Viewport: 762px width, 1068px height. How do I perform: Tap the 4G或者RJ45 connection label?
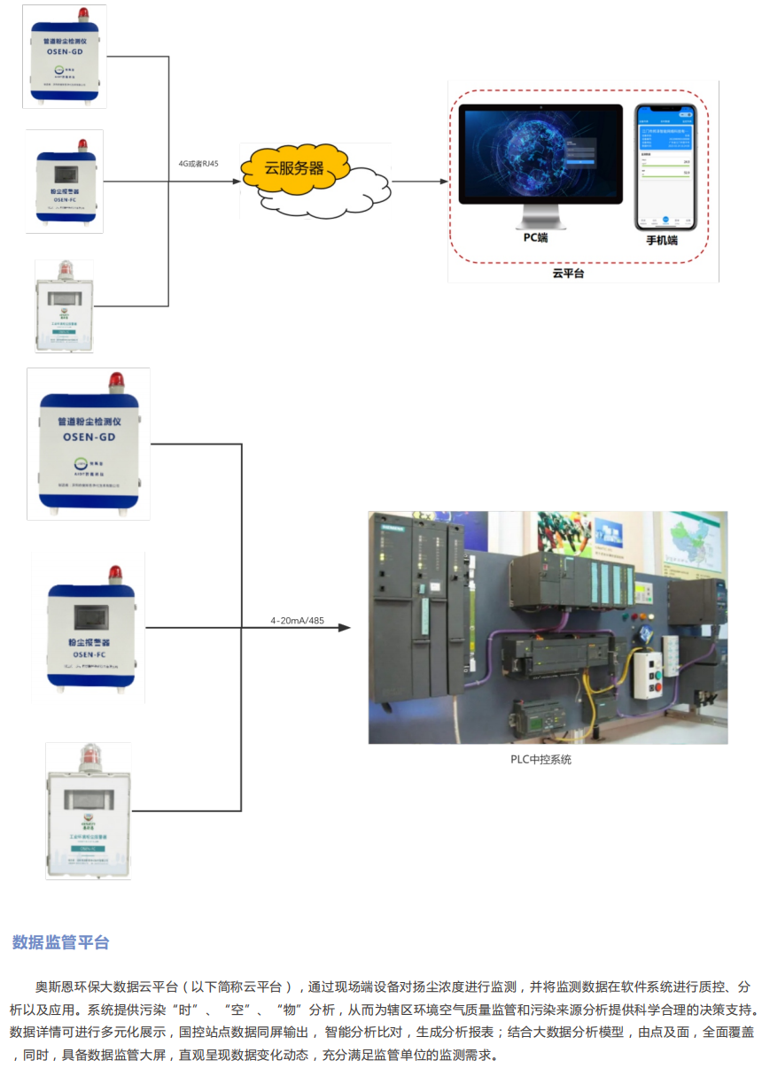(x=198, y=163)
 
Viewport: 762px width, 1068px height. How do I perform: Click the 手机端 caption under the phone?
(x=661, y=239)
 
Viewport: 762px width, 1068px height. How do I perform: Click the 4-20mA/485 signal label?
(x=297, y=621)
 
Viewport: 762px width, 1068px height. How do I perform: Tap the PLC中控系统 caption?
(x=540, y=759)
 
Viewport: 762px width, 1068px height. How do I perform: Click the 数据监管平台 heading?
(x=60, y=942)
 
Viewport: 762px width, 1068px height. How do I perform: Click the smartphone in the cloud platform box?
(x=665, y=166)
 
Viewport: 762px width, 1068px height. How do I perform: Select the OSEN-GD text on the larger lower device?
(x=89, y=437)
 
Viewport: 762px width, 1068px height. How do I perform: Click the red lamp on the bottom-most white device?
(x=89, y=755)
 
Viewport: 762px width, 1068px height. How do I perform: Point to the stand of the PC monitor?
(x=540, y=215)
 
